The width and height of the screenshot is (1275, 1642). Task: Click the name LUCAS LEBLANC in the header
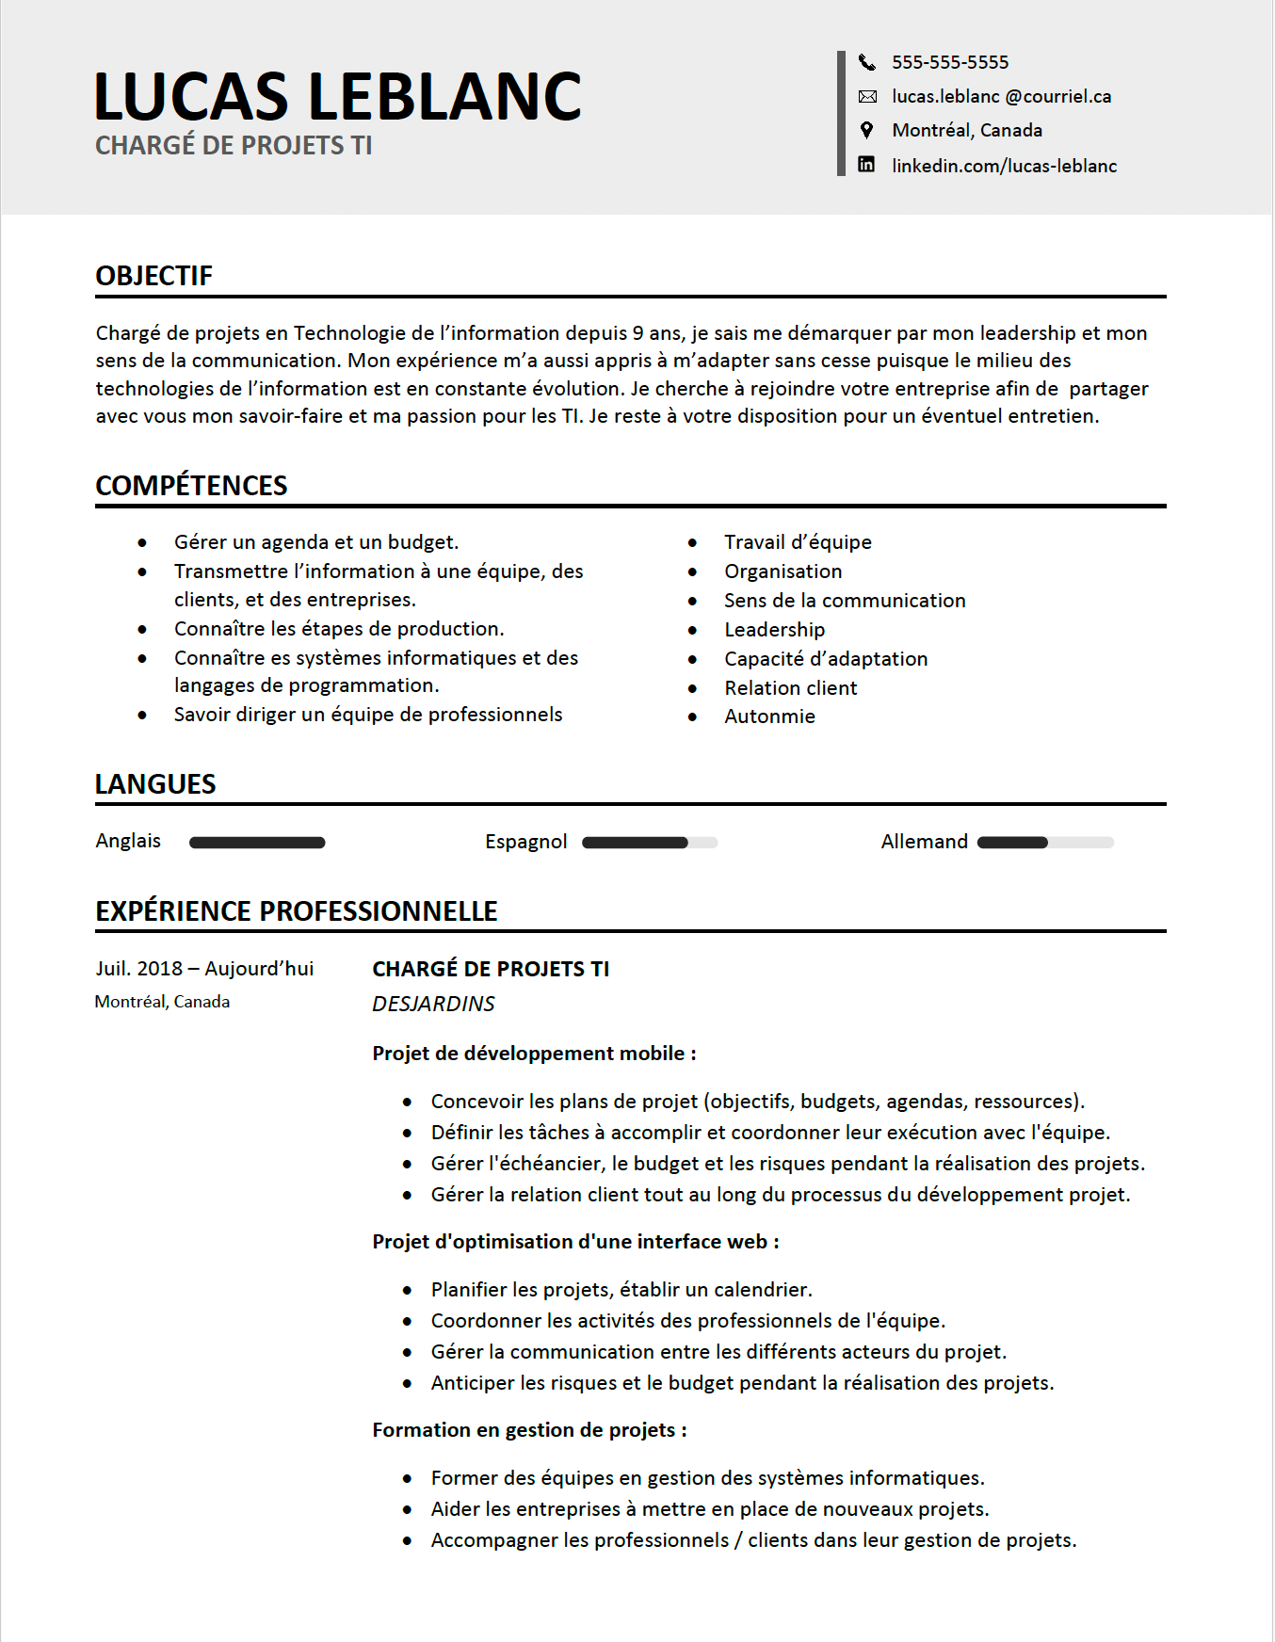tap(337, 97)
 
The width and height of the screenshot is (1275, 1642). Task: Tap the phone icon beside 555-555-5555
tap(866, 62)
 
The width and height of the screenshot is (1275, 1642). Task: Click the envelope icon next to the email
tap(867, 96)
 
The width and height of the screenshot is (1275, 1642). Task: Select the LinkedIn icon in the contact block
tap(866, 165)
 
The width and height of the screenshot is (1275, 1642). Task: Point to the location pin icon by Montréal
tap(866, 130)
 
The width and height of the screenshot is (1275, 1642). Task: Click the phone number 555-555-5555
tap(949, 62)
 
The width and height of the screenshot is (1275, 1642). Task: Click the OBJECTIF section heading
tap(153, 276)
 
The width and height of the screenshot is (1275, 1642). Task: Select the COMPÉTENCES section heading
tap(191, 486)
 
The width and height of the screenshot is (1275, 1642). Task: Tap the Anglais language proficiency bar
tap(257, 843)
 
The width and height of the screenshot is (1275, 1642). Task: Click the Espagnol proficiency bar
tap(650, 843)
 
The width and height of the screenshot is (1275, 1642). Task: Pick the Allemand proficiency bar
tap(1045, 843)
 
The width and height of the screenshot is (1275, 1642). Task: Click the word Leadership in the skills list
tap(774, 630)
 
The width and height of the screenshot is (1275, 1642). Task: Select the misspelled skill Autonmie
tap(769, 716)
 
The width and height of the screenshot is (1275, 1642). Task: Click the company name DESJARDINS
tap(433, 1004)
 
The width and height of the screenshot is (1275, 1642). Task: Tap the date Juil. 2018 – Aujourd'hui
tap(204, 969)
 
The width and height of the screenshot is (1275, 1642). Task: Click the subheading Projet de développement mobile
tap(534, 1054)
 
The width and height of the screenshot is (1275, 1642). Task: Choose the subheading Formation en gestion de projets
tap(529, 1430)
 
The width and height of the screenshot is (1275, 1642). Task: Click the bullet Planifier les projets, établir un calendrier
tap(621, 1290)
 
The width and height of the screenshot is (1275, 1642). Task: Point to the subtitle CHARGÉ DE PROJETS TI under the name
tap(234, 146)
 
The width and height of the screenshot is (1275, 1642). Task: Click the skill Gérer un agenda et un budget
tap(316, 542)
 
